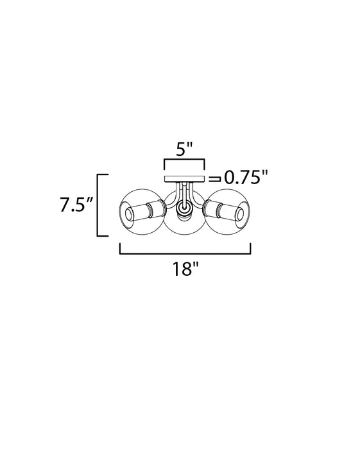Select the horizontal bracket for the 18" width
[x=185, y=253]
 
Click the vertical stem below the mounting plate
[x=184, y=192]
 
